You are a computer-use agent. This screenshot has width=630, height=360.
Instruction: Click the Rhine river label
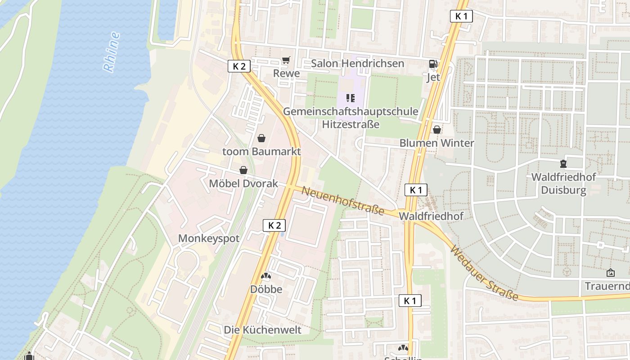tap(111, 52)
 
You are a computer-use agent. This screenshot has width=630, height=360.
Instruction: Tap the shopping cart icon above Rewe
tap(286, 60)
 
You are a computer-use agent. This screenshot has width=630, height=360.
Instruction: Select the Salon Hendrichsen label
tap(357, 63)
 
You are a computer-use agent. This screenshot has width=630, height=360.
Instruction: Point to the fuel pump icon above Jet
tap(433, 64)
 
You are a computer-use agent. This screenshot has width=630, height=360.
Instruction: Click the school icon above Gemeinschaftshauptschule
tap(351, 98)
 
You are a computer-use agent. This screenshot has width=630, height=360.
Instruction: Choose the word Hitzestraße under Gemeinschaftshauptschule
tap(351, 124)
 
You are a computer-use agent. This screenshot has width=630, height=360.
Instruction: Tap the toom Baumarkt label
tap(261, 151)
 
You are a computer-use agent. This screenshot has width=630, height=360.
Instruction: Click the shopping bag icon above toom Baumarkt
tap(261, 138)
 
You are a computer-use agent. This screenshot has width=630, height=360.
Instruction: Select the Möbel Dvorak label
tap(243, 184)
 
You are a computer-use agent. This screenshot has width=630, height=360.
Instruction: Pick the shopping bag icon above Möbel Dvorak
tap(243, 170)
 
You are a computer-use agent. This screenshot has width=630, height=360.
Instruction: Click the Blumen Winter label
tap(436, 143)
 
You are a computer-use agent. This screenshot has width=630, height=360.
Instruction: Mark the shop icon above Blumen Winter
tap(436, 130)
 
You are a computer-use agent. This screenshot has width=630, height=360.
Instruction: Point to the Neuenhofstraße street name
tap(343, 200)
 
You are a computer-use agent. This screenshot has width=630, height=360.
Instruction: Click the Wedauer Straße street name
tap(484, 273)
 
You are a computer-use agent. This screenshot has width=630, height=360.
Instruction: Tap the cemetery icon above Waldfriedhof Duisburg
tap(563, 163)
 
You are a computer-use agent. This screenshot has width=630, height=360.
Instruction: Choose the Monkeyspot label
tap(209, 238)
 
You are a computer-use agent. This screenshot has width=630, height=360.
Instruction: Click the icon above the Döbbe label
tap(266, 276)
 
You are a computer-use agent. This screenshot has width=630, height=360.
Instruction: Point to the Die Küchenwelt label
tap(262, 330)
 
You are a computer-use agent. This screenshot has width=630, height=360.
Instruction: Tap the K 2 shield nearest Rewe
tap(239, 67)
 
